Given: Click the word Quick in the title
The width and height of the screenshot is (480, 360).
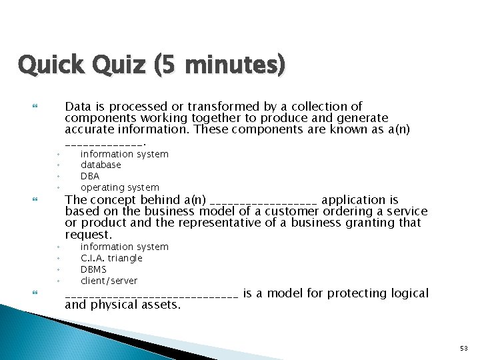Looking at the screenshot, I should [45, 65].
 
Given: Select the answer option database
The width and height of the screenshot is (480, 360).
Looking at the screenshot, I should [101, 165].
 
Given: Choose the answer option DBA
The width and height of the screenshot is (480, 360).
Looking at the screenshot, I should [90, 176].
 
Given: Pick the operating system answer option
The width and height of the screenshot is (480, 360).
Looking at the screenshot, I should [120, 187].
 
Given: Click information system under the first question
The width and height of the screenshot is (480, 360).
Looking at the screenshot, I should [125, 154].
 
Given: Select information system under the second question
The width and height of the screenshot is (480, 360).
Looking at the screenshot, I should [125, 247].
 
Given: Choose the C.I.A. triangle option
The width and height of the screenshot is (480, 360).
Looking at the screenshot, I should [111, 258].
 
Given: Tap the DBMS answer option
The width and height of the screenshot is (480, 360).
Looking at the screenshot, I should [93, 269].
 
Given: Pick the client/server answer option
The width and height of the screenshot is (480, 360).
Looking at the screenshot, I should [109, 281].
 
